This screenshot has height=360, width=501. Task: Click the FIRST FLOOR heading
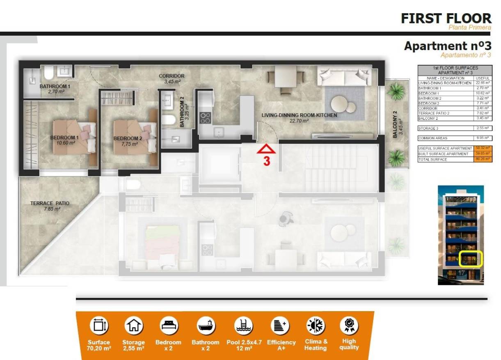click(446, 18)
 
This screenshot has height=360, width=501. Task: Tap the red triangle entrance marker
click(266, 149)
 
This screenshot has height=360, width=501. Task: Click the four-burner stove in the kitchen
click(205, 118)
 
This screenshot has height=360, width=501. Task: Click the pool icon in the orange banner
click(244, 326)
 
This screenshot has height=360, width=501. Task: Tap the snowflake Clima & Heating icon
click(316, 326)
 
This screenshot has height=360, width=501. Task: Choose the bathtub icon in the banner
click(205, 326)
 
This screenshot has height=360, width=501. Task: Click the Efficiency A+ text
click(281, 345)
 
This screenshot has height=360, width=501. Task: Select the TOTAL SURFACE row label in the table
click(432, 159)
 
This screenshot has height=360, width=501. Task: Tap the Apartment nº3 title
click(447, 46)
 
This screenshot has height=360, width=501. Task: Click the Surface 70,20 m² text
click(99, 345)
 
